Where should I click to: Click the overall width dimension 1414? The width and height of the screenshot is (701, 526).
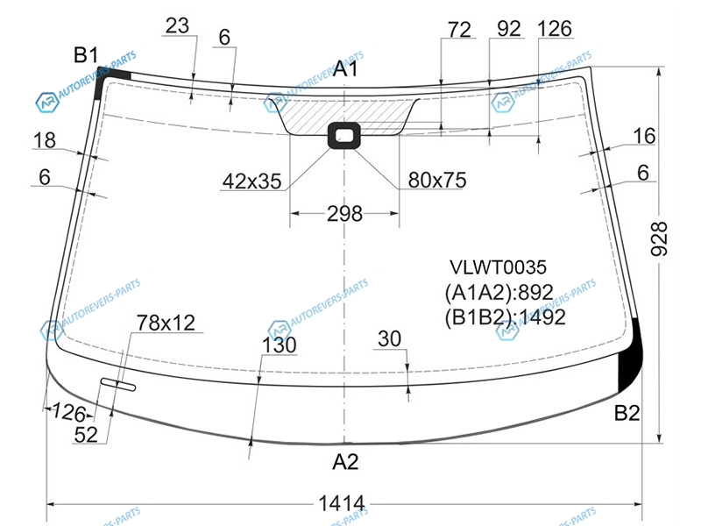point(342,503)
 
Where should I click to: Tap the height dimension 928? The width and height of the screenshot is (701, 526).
point(659,238)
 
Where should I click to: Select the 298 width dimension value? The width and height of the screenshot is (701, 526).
point(344,214)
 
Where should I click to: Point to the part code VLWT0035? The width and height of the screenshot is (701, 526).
point(498,267)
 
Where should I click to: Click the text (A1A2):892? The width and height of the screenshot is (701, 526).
point(499,292)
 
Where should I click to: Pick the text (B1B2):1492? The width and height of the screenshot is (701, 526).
point(506,317)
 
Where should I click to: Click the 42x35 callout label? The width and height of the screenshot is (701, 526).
point(252,181)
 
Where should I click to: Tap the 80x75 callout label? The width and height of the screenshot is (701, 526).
point(436,180)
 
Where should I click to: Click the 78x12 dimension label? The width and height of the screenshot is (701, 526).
point(166,323)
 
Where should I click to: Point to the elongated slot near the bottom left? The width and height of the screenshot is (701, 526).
point(118,384)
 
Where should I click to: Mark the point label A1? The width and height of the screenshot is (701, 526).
point(345,69)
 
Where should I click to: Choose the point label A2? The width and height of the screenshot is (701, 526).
point(345,462)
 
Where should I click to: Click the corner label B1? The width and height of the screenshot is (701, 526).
point(85,55)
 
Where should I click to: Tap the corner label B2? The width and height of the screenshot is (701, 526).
point(627,413)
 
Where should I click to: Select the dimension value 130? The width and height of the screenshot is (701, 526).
point(279,345)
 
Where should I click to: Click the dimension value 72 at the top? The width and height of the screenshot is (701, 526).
point(459,30)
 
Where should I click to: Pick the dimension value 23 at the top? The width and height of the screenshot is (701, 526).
point(177,26)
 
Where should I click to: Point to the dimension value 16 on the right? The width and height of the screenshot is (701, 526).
point(644,136)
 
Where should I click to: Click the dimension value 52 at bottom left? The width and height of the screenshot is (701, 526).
point(86,434)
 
